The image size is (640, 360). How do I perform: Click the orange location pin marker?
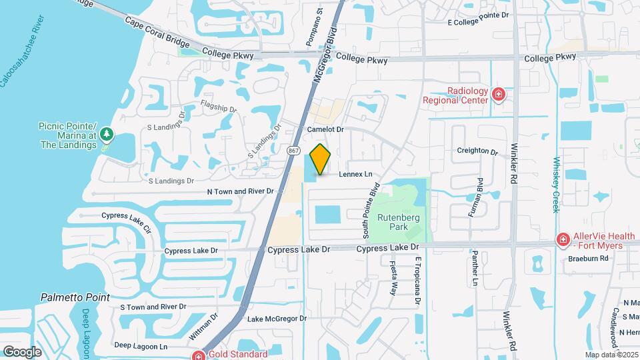(321, 159)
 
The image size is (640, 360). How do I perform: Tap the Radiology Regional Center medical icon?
(498, 95)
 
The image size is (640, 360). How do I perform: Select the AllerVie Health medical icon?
(563, 239)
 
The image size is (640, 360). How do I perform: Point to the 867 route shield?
(294, 151)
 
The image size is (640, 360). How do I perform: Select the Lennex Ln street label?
(355, 175)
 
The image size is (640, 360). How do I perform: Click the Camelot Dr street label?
(325, 129)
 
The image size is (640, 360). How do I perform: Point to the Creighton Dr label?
(477, 151)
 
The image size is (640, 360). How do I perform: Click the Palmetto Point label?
(75, 297)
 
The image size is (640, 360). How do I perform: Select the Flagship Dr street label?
(219, 107)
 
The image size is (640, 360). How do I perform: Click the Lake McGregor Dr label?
(277, 319)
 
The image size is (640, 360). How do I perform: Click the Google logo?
(22, 351)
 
